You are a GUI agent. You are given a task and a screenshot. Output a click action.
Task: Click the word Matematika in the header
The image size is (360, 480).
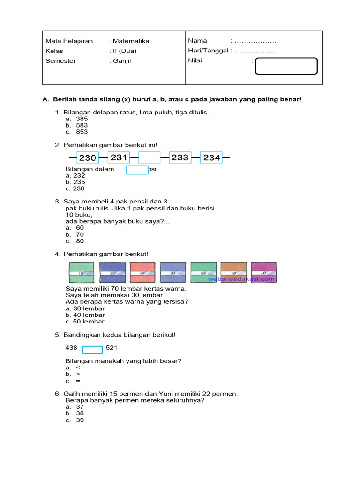(131, 41)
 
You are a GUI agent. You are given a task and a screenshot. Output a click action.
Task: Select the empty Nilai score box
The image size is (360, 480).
(286, 66)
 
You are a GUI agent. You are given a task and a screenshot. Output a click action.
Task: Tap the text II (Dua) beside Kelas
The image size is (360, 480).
(124, 51)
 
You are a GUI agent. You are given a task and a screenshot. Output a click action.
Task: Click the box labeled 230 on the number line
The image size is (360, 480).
(87, 158)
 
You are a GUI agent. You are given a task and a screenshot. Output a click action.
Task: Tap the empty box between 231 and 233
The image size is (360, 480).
(150, 158)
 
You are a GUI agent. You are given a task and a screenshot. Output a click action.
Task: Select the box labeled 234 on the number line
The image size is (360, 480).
(211, 158)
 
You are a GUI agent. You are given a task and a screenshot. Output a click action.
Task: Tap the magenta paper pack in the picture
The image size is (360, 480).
(263, 272)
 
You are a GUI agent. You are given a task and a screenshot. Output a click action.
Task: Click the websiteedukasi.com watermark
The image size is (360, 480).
(241, 279)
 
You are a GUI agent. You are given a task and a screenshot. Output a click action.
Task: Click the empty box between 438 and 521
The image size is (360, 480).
(93, 350)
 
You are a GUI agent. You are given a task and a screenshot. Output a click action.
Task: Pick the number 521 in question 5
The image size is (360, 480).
(112, 348)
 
